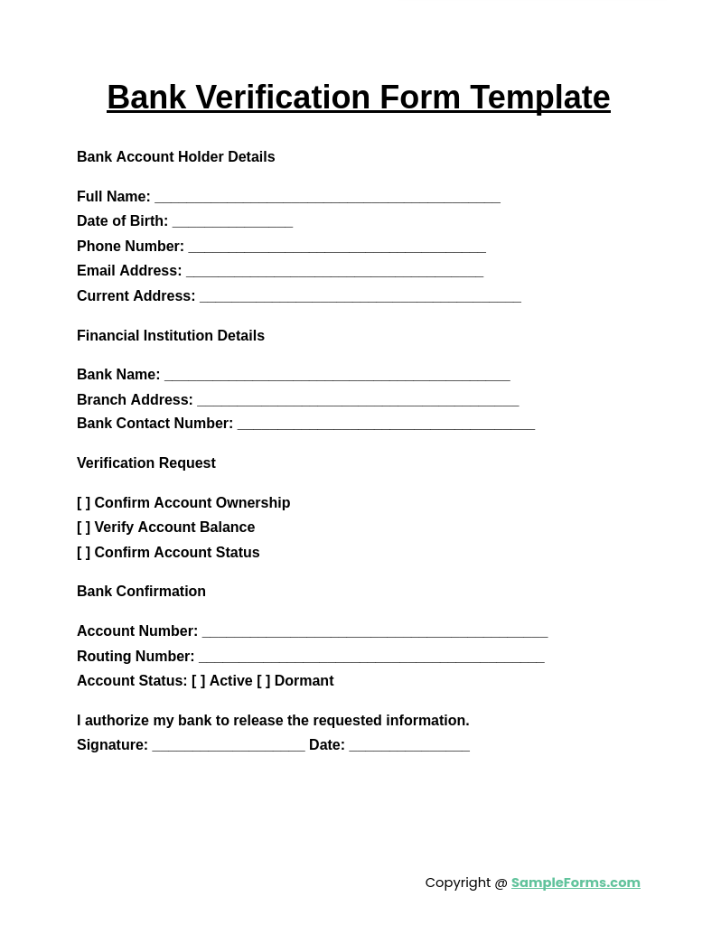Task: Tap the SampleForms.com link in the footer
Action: pos(576,883)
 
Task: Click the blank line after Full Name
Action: pos(327,198)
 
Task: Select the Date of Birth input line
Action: pos(232,222)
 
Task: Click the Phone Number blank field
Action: pos(337,248)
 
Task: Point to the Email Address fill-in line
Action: pos(334,272)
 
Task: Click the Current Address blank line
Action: pos(360,297)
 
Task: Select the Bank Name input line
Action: pos(337,376)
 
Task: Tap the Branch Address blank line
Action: pos(358,401)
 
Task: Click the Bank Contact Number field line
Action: pos(386,425)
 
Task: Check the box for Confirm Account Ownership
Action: pos(84,503)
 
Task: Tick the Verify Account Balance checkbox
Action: pos(84,528)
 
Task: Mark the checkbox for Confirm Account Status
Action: pos(84,553)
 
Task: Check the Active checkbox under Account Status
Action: pos(199,681)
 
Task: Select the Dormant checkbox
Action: pos(264,681)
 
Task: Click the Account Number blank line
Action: pos(374,632)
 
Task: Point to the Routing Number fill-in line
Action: pos(371,658)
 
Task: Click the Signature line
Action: pos(229,746)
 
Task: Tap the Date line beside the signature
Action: pos(409,746)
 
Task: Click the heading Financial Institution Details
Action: pos(171,336)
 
